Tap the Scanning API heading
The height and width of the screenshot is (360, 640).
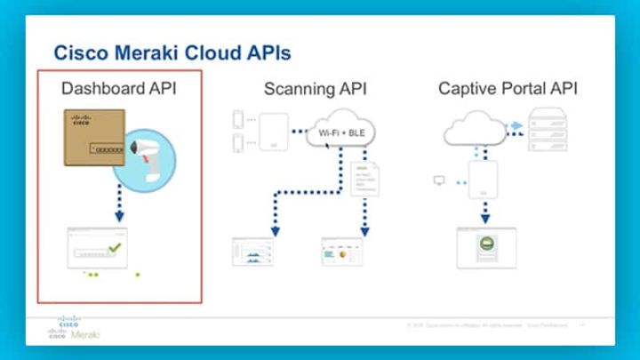pos(315,89)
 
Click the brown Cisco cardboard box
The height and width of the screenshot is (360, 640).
pos(99,137)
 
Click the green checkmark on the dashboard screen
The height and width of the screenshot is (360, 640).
pos(113,248)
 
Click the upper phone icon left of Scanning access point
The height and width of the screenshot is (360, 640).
pos(237,119)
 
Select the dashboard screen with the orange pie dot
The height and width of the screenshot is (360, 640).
pos(342,252)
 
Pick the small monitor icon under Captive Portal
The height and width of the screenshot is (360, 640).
pos(438,180)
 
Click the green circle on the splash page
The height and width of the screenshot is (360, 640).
pos(486,244)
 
